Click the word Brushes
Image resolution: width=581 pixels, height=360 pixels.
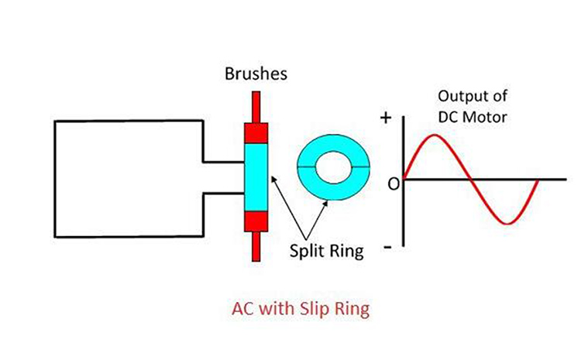(x=255, y=75)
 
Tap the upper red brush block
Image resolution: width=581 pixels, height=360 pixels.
(x=256, y=132)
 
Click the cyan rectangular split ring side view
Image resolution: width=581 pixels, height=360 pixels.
(x=256, y=176)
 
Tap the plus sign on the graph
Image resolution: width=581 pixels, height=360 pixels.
(x=387, y=118)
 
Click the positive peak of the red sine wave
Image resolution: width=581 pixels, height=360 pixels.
(x=435, y=136)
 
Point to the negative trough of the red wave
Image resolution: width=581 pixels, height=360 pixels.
(x=505, y=223)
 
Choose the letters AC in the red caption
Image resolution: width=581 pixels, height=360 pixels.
(x=243, y=309)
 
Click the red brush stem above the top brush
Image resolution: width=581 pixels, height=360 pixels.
(x=256, y=105)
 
